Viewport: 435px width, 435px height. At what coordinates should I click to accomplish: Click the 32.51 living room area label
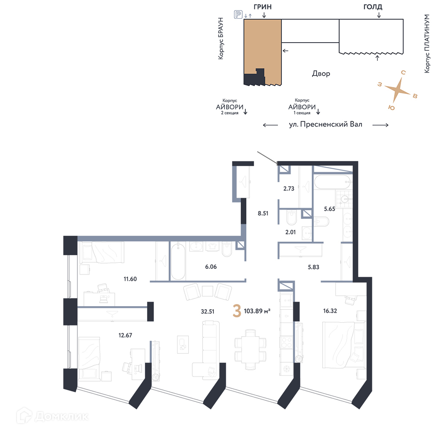coord(207,311)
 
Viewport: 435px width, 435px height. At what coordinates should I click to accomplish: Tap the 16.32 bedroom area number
coord(330,311)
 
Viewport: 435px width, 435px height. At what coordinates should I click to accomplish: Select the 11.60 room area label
coord(130,279)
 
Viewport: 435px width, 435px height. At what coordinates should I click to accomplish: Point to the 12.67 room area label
coord(125,335)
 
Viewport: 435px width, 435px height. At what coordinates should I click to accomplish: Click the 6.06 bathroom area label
coord(211,267)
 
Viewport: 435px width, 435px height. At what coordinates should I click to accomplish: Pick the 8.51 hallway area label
coord(263,213)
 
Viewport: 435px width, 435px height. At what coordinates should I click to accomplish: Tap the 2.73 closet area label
coord(289,189)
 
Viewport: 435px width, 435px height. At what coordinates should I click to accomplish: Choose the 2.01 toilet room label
coord(291,232)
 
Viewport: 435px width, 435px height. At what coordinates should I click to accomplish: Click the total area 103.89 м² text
coord(257,311)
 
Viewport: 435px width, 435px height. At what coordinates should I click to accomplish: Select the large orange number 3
coord(237,311)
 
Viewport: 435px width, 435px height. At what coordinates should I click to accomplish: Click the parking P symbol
coord(238,14)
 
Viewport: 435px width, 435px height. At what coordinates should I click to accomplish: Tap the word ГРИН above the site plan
coord(262,7)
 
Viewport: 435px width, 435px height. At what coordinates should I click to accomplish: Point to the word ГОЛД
coord(373,7)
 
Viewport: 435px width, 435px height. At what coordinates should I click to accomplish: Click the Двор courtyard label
coord(321,74)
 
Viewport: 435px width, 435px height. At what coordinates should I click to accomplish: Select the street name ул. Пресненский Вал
coord(326,124)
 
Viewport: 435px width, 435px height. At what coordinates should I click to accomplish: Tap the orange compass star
coord(397,90)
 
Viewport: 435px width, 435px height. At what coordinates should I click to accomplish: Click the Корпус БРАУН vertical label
coord(221,38)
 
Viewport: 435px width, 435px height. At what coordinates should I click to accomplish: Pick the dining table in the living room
coord(250,350)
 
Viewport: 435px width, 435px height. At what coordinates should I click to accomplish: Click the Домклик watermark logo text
coord(62,417)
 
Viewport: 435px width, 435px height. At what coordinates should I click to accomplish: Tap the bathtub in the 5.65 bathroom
coord(333,182)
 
